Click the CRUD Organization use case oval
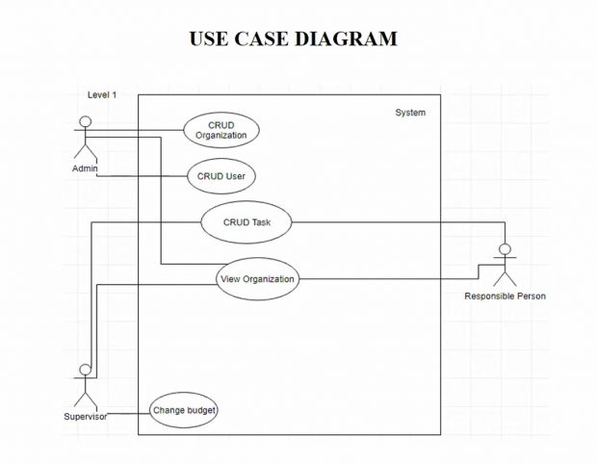click(x=221, y=130)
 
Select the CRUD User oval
click(x=221, y=176)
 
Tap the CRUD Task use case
click(x=247, y=222)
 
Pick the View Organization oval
click(x=257, y=279)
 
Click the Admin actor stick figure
click(x=85, y=140)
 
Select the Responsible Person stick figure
click(x=504, y=266)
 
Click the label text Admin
click(x=85, y=168)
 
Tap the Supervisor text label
click(x=85, y=416)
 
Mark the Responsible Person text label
click(x=505, y=296)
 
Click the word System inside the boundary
click(x=410, y=113)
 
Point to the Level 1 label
click(x=102, y=94)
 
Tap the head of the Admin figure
click(x=85, y=122)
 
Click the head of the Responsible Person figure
click(x=504, y=249)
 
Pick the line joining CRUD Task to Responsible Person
click(x=395, y=222)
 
